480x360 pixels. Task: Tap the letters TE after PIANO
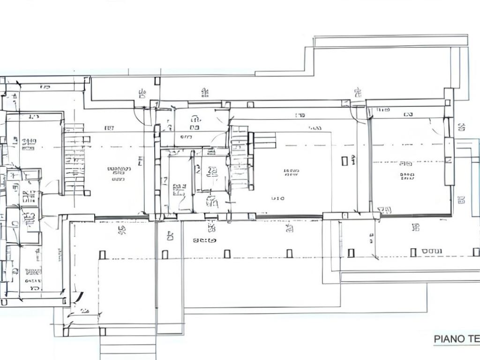(x=473, y=338)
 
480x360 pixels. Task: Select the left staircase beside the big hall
(x=75, y=159)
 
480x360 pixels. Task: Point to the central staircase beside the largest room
(x=240, y=157)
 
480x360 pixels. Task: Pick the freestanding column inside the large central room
(x=345, y=161)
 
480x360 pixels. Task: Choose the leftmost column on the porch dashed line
(x=102, y=255)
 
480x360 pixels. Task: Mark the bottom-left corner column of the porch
(x=66, y=332)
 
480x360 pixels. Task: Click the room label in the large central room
(x=291, y=172)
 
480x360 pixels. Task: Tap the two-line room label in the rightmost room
(x=407, y=171)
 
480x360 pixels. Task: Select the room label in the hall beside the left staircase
(x=119, y=173)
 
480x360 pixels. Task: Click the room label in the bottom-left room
(x=33, y=272)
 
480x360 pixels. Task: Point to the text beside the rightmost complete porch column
(x=431, y=252)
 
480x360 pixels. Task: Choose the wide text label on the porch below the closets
(x=205, y=240)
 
